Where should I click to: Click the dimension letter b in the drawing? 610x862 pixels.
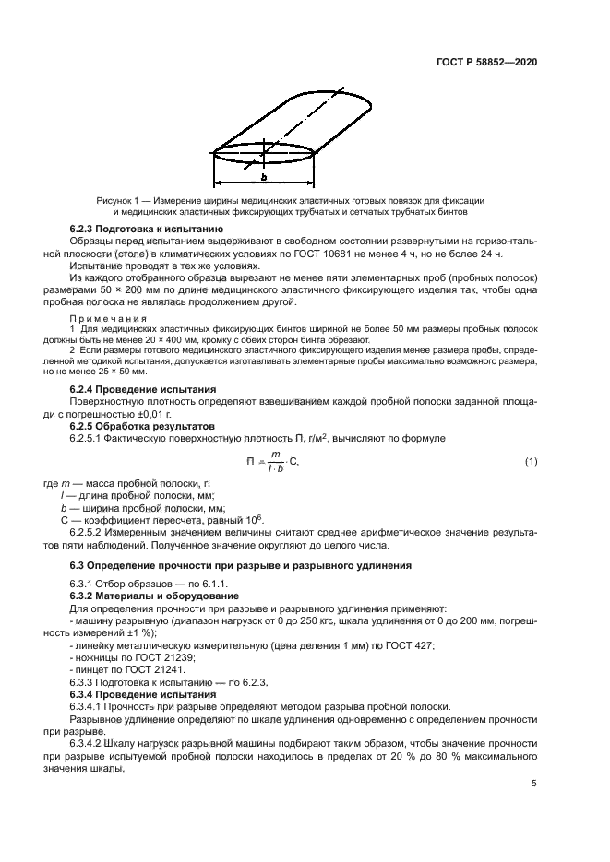(263, 176)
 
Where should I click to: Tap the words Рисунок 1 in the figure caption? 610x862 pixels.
(117, 200)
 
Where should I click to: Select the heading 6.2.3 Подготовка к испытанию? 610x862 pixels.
(146, 227)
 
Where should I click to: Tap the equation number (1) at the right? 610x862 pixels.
(531, 461)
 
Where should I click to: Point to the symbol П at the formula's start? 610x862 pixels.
(249, 461)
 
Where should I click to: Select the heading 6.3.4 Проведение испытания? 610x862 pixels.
(142, 692)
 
